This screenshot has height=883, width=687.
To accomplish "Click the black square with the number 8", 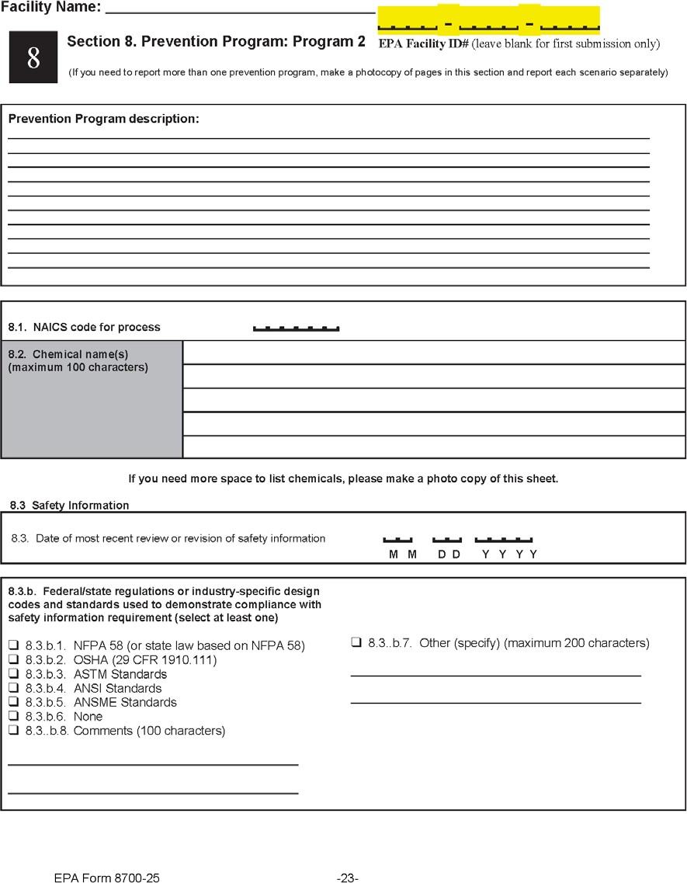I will click(x=33, y=57).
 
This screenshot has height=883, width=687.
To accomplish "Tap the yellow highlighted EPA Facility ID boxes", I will click(x=488, y=20).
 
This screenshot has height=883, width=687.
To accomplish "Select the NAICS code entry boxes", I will click(x=296, y=328).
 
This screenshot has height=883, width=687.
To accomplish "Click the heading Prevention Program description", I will click(x=103, y=119).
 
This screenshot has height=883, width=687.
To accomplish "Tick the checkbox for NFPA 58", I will click(x=13, y=645).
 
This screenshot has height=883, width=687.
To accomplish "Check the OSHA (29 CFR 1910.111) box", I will click(x=13, y=660).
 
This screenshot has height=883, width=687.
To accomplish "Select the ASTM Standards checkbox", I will click(x=13, y=674).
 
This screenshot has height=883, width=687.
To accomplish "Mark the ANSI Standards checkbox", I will click(x=13, y=688).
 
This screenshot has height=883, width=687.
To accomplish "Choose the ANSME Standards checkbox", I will click(x=13, y=702).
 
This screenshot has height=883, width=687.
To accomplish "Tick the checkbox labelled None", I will click(x=13, y=716).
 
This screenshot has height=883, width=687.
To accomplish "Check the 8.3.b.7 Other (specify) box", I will click(x=356, y=642).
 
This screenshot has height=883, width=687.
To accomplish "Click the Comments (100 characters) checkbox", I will click(x=13, y=731).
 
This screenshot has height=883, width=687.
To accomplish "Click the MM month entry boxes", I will click(x=397, y=539).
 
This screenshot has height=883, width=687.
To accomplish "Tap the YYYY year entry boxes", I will click(x=504, y=539).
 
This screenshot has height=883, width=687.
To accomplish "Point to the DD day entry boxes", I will click(x=447, y=539).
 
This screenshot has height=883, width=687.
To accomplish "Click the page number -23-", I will click(x=347, y=878).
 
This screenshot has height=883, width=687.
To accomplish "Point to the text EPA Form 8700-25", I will click(x=107, y=878).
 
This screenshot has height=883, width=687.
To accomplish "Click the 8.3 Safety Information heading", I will click(x=69, y=505).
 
